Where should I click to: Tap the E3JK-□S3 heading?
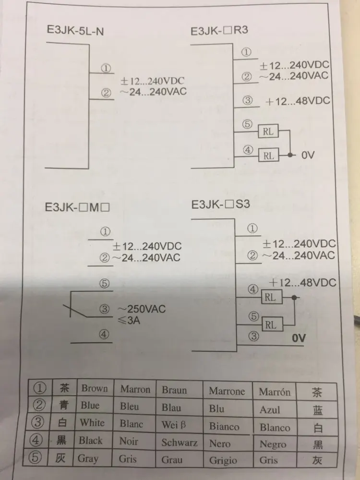[x=220, y=205]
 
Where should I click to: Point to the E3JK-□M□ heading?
[x=78, y=208]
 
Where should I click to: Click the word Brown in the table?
[x=95, y=388]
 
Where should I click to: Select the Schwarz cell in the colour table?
[x=179, y=442]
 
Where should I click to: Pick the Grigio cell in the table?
[x=223, y=460]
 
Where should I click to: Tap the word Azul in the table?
[x=269, y=409]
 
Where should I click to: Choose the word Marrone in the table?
[x=227, y=391]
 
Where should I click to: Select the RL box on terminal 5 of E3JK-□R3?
[x=268, y=131]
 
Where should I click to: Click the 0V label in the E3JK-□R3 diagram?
[x=308, y=156]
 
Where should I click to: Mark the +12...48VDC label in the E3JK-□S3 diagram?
[x=302, y=282]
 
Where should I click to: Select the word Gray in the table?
[x=89, y=458]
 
